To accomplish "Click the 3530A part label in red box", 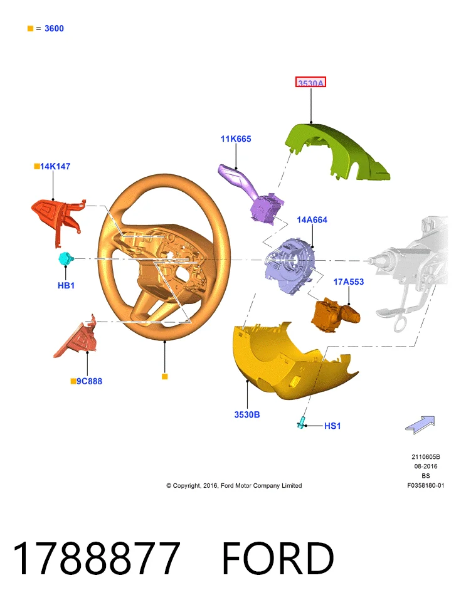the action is coord(310,83).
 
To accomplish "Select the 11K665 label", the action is coord(236,139).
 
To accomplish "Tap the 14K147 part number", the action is coord(55,167).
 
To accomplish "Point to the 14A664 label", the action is coord(312,220).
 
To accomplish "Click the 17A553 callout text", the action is coord(349,281).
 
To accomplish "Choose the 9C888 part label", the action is coord(89,381).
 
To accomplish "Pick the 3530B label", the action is coord(247,414).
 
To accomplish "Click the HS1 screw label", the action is coord(332,426).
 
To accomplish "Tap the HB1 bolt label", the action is coord(66,285).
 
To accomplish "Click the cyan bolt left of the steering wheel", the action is coord(65,259).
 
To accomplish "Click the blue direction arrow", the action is coord(420,425).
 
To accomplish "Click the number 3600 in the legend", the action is coord(54,28).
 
